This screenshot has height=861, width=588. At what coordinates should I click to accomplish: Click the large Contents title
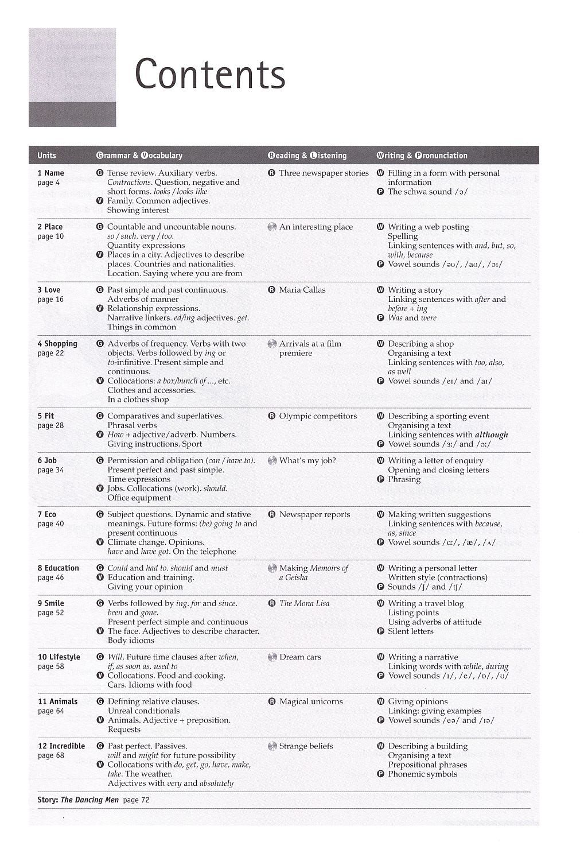tap(210, 75)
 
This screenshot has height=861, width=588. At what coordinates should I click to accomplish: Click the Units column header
tap(46, 156)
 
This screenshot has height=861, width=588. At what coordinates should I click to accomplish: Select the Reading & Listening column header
tap(307, 156)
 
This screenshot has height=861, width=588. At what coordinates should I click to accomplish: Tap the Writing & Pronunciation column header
tap(422, 156)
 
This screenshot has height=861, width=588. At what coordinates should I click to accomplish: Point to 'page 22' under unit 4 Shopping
tap(50, 354)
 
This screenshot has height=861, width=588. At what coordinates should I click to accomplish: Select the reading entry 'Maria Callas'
tap(302, 290)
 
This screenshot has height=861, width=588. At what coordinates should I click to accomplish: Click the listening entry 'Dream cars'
tap(300, 657)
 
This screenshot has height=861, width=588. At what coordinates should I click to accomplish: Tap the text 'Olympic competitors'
tap(318, 416)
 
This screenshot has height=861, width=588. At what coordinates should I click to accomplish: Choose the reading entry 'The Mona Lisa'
tap(304, 603)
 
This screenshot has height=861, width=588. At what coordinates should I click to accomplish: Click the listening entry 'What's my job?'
tap(307, 460)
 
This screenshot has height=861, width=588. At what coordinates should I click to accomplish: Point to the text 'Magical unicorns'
tap(311, 701)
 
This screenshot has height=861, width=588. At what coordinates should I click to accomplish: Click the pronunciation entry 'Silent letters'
tap(411, 631)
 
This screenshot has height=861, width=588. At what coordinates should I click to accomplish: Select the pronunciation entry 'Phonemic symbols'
tap(423, 774)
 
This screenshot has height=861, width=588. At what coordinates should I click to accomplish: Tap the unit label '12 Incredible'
tap(61, 746)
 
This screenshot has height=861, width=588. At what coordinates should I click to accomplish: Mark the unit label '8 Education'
tap(58, 568)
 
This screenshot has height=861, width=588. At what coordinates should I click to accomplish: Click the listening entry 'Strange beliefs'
tap(306, 746)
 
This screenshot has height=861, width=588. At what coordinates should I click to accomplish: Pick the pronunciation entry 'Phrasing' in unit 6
tap(404, 479)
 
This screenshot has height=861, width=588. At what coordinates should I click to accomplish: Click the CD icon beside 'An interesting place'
tap(272, 227)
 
